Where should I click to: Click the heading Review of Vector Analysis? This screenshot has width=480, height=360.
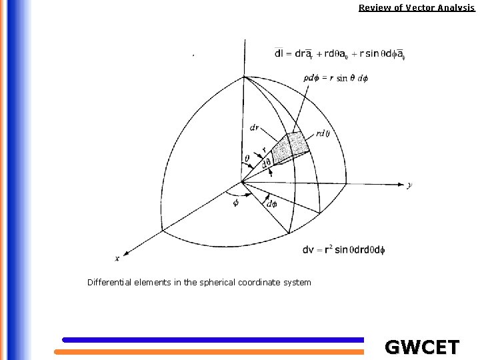(x=416, y=8)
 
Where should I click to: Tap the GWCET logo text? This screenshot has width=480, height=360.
(x=422, y=347)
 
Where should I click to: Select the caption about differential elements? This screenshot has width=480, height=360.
(x=199, y=283)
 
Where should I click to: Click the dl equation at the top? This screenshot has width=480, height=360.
(x=339, y=54)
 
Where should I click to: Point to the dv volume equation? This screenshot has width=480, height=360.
(x=344, y=250)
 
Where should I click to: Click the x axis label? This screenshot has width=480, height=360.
(x=117, y=259)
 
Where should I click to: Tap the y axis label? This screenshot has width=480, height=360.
(x=409, y=186)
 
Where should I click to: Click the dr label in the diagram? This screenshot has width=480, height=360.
(x=255, y=127)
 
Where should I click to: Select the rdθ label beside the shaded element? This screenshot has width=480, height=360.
(x=323, y=133)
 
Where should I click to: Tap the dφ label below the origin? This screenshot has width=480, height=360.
(x=271, y=204)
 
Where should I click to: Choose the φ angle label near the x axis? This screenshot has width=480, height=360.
(x=235, y=203)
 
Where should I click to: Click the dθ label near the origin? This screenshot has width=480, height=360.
(x=266, y=162)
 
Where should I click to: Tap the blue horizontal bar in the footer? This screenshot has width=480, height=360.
(x=213, y=340)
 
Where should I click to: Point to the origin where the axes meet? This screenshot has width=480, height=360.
(x=242, y=181)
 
